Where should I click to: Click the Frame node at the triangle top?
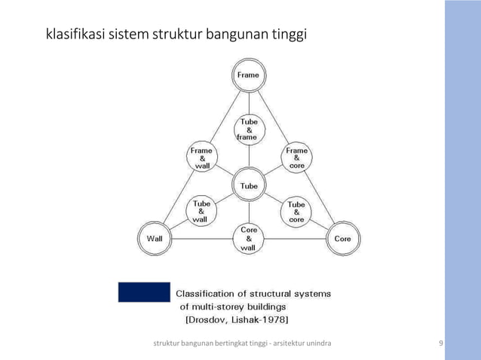[248, 75]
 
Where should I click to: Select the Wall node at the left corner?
[155, 239]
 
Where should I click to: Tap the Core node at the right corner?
[342, 239]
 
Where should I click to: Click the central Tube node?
[248, 185]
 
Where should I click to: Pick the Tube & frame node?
[248, 129]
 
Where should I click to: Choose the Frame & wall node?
[201, 158]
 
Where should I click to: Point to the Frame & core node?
[296, 158]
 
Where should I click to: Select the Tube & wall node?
[201, 212]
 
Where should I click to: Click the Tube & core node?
[296, 212]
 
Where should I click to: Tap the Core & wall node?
[248, 239]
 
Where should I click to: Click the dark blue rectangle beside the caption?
[144, 291]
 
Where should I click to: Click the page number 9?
[441, 344]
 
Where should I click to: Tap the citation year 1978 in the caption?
[271, 319]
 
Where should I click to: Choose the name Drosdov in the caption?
[208, 319]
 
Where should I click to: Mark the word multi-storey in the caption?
[219, 307]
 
